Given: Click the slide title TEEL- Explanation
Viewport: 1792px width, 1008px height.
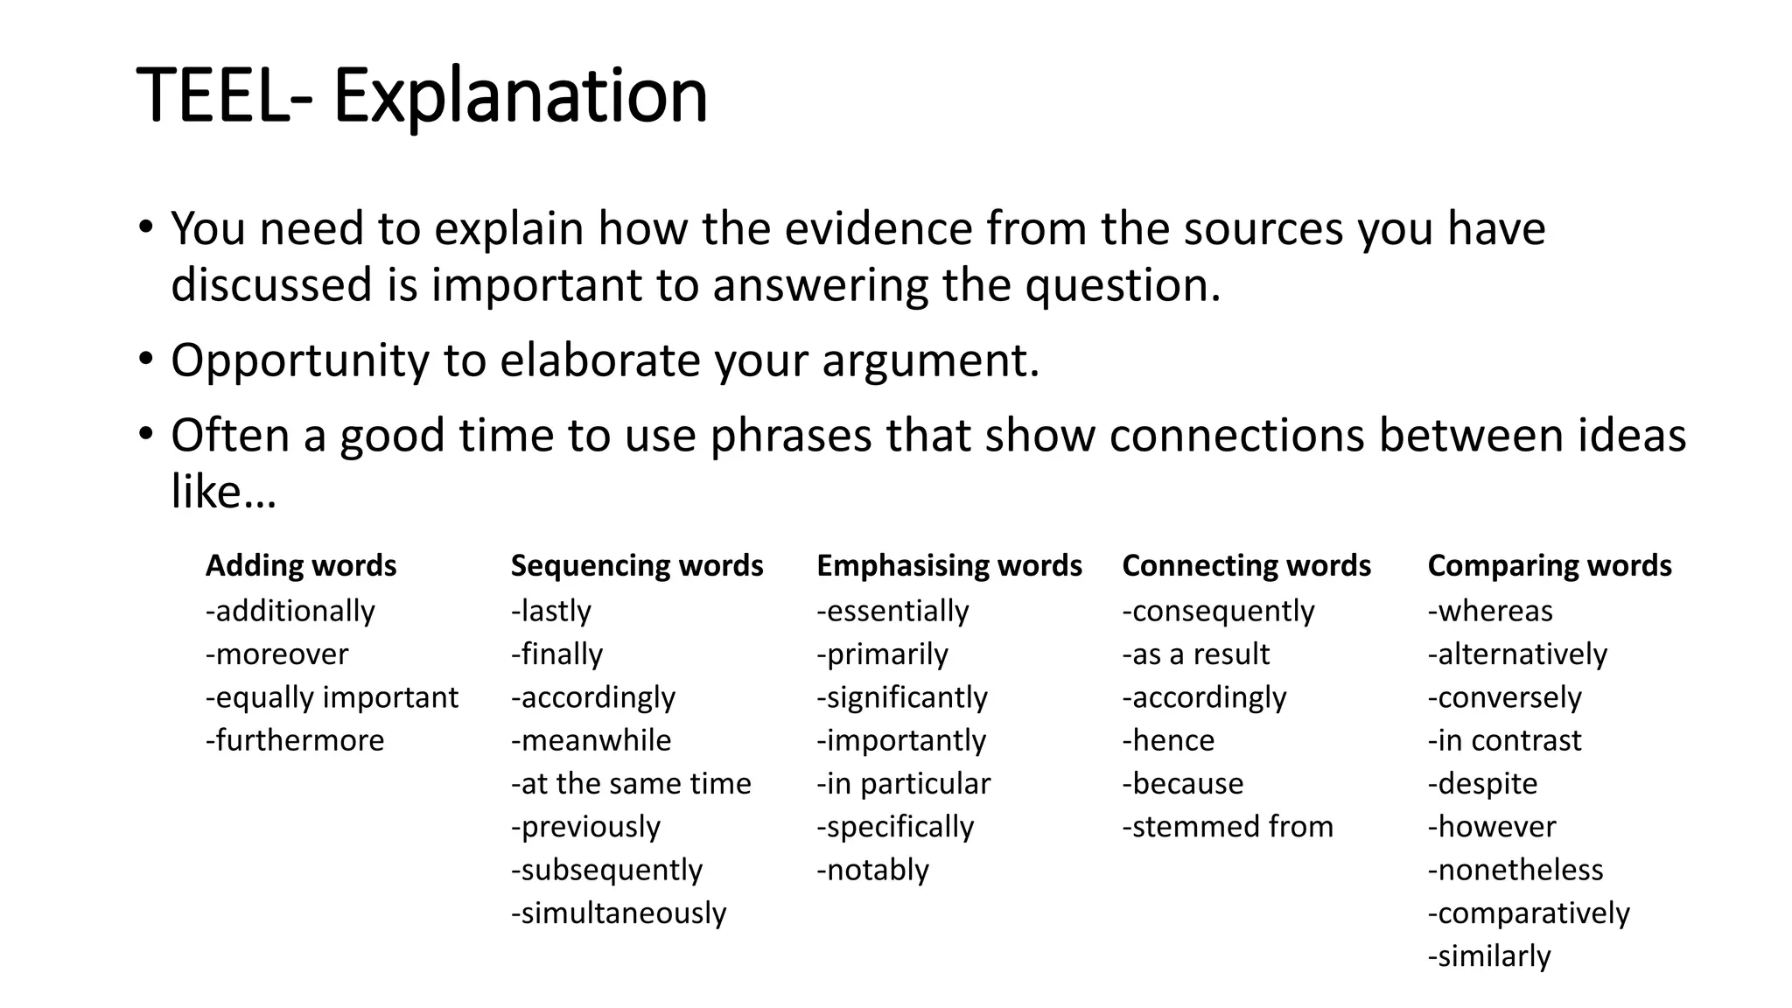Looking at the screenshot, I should [422, 96].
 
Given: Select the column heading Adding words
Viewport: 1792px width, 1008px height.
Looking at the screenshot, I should [301, 566].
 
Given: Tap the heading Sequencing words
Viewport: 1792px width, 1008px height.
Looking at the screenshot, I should [637, 566].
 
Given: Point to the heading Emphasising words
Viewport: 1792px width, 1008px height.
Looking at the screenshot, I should [949, 566].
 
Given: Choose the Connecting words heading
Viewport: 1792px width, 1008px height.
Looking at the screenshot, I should [1246, 566].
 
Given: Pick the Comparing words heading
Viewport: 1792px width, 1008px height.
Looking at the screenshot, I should [1550, 566].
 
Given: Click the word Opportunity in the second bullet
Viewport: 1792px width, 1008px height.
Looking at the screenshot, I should [300, 360].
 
